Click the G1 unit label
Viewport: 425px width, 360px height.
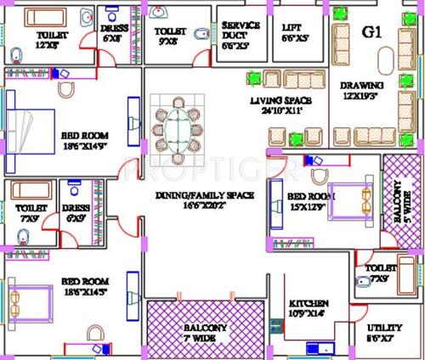[371, 31]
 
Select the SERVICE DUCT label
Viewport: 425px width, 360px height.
[241, 31]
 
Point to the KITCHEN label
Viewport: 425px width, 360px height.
[308, 308]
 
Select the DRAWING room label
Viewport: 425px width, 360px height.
[362, 91]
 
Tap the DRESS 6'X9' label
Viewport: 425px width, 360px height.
[76, 212]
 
